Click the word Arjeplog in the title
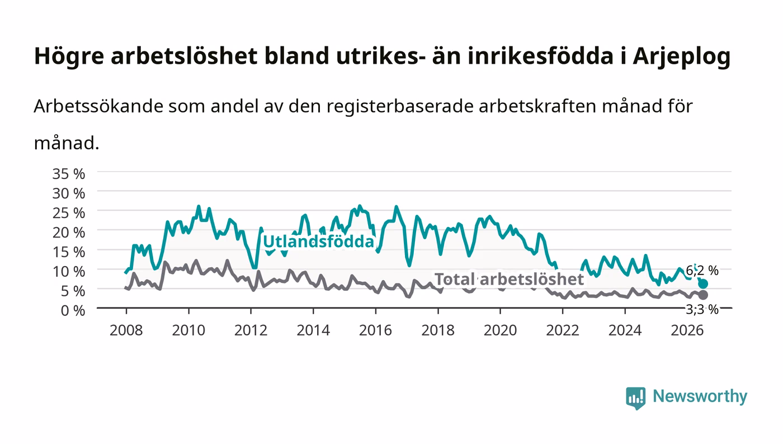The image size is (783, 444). pyautogui.click(x=682, y=56)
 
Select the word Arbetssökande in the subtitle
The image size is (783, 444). pyautogui.click(x=98, y=106)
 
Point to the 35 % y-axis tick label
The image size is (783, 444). pyautogui.click(x=69, y=174)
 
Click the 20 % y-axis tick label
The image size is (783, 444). pyautogui.click(x=69, y=233)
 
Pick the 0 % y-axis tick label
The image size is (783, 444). pyautogui.click(x=73, y=310)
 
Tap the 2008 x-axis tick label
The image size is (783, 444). pyautogui.click(x=126, y=330)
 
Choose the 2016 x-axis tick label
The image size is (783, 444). pyautogui.click(x=375, y=330)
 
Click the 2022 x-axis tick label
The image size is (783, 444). pyautogui.click(x=563, y=330)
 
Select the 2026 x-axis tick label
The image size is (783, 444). pyautogui.click(x=687, y=330)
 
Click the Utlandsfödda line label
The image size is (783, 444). pyautogui.click(x=318, y=242)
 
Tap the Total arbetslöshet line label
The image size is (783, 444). pyautogui.click(x=509, y=280)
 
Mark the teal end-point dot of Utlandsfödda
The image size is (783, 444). pyautogui.click(x=702, y=284)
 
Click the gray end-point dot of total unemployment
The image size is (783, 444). pyautogui.click(x=702, y=295)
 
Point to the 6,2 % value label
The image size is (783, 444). pyautogui.click(x=702, y=271)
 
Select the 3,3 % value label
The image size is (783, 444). pyautogui.click(x=702, y=309)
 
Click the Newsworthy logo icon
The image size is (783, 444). pyautogui.click(x=636, y=398)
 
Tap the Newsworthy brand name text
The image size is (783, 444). pyautogui.click(x=700, y=396)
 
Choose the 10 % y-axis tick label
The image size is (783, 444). pyautogui.click(x=69, y=272)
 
